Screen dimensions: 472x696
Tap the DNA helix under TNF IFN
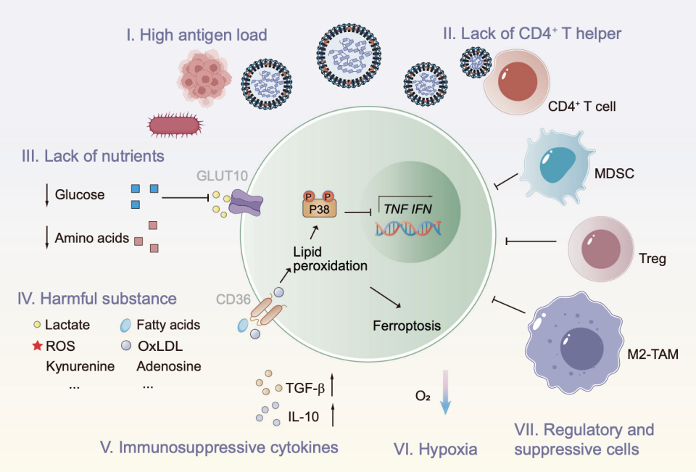tap(406, 228)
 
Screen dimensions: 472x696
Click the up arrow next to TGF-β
tap(333, 382)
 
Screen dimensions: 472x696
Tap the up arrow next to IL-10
tap(333, 415)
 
